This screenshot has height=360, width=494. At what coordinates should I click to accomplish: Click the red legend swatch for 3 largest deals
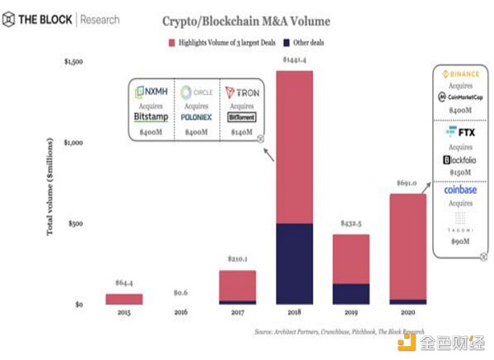point(172,41)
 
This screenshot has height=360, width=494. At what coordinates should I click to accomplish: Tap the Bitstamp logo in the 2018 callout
point(156,117)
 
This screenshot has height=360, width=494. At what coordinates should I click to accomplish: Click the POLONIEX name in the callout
point(198,117)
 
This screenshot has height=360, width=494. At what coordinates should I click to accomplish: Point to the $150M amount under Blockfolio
point(461,172)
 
